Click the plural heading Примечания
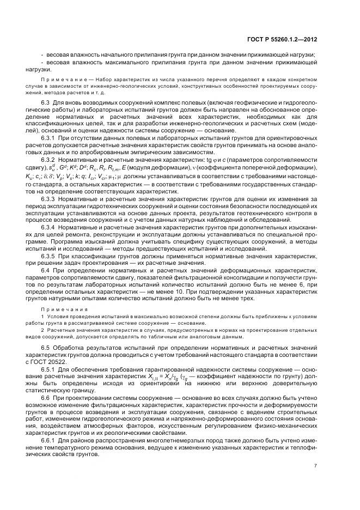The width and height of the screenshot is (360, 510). (59, 308)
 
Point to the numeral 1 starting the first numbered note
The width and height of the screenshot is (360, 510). (43, 316)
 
